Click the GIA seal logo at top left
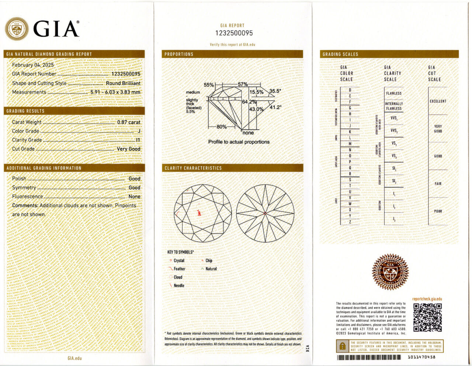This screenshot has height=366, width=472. coord(16,28)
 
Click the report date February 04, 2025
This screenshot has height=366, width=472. coord(33,65)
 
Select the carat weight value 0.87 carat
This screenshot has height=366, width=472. coord(129,122)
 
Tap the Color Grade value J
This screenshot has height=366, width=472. coord(139,131)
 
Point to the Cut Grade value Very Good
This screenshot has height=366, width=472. coord(128,149)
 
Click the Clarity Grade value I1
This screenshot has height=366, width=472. coord(138,140)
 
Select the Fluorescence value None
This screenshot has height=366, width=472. coord(134,197)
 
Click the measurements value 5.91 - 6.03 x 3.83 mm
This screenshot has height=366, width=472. coord(115,92)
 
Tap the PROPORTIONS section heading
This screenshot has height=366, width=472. coord(179,54)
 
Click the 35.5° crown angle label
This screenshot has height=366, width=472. coord(275,91)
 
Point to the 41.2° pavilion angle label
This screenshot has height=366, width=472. coord(275,107)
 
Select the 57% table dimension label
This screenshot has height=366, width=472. coord(243,84)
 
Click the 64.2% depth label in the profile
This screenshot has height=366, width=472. coord(249,101)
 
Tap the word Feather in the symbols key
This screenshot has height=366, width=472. coord(180,269)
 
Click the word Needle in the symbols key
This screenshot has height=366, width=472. coord(179,286)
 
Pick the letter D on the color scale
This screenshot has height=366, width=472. coord(350,90)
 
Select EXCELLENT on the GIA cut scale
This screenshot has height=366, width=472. coord(438,101)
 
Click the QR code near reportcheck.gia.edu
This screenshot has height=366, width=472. coord(427,317)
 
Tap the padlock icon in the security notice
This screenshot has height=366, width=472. coord(343,346)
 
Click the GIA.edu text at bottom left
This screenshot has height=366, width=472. coord(74,358)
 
